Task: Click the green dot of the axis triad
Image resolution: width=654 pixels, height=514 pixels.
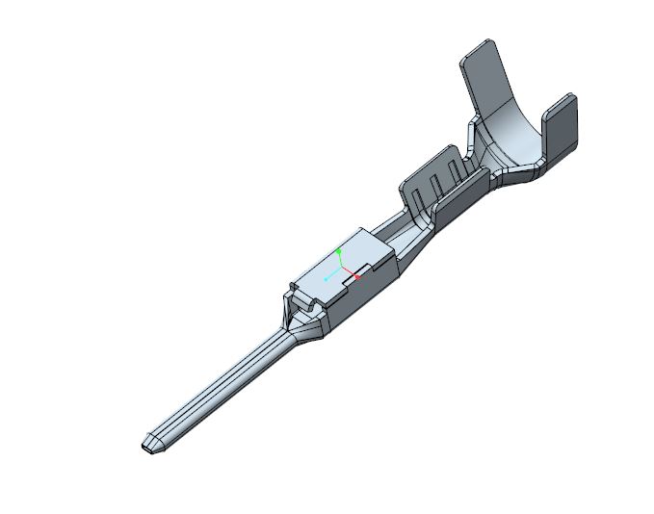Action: [x=340, y=250]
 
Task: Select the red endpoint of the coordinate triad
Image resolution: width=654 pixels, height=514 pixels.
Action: [x=357, y=278]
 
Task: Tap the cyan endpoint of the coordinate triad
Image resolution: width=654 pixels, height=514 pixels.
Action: [x=326, y=278]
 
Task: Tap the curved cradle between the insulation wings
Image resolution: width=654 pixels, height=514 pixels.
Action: [x=510, y=135]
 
